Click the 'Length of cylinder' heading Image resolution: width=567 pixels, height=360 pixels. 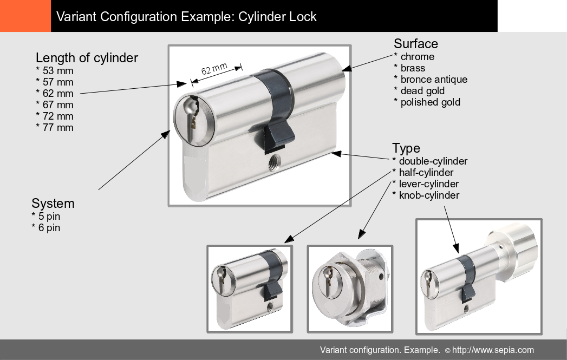tap(87, 58)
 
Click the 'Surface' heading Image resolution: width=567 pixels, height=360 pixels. tap(416, 44)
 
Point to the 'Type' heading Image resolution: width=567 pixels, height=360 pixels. tap(406, 148)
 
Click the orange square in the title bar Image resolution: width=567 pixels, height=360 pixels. tap(25, 16)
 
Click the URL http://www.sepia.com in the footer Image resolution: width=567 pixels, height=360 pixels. tap(493, 350)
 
